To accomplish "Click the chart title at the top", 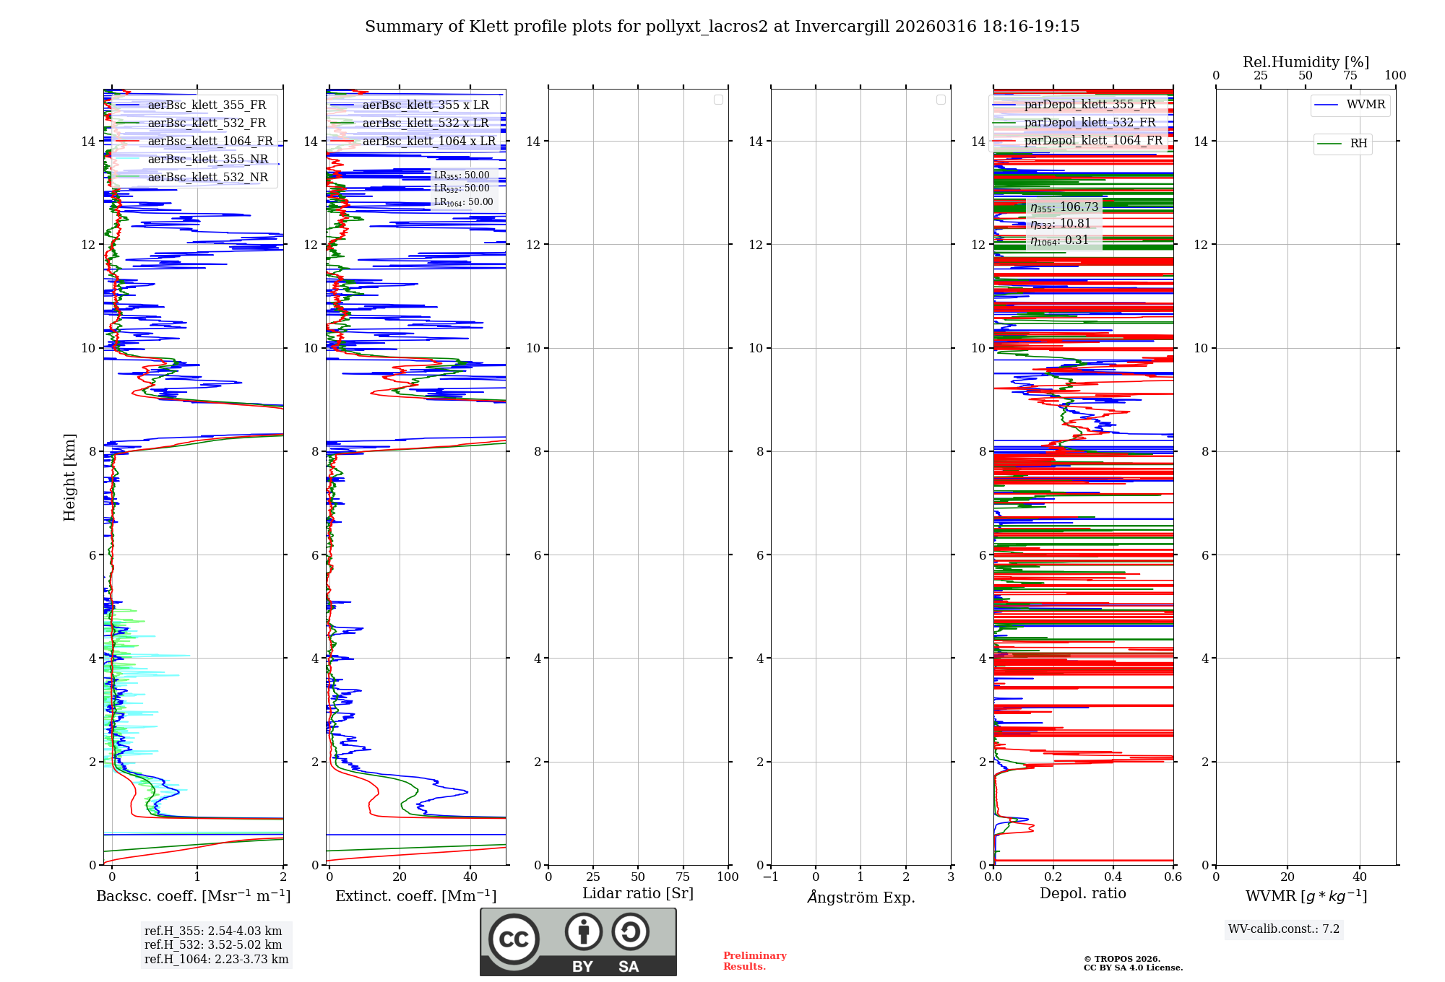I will pos(722,27).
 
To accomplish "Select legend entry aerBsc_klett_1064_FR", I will pos(210,142).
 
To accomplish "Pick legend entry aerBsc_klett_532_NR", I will pos(207,178).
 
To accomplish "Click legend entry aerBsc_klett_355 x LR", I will pos(426,105).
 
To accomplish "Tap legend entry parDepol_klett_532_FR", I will pos(1090,123).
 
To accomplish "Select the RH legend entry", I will pos(1358,144).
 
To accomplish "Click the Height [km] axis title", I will pos(69,477).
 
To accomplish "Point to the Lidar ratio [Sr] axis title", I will pos(638,894).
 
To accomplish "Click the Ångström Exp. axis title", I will pos(861,898).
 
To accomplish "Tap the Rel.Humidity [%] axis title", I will pos(1306,62).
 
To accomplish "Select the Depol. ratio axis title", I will pos(1082,894).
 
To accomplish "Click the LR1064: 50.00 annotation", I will pos(463,202).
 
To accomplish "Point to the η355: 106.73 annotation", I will pos(1064,207).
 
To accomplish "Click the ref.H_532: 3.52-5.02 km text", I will pos(213,945).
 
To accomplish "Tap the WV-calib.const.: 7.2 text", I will pos(1284,929).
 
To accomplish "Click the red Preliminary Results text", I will pos(754,961).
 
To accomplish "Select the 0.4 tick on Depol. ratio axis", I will pos(1113,877).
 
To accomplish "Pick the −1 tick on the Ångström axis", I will pos(771,877).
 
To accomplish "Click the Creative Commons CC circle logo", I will pos(514,939).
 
